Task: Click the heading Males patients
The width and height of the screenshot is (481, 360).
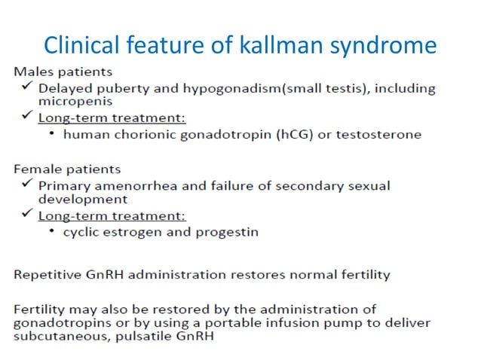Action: (62, 72)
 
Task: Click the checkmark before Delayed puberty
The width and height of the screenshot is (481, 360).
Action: (26, 87)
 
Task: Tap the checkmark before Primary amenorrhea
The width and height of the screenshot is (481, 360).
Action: (26, 185)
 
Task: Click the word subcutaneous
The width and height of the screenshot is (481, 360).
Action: (57, 337)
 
